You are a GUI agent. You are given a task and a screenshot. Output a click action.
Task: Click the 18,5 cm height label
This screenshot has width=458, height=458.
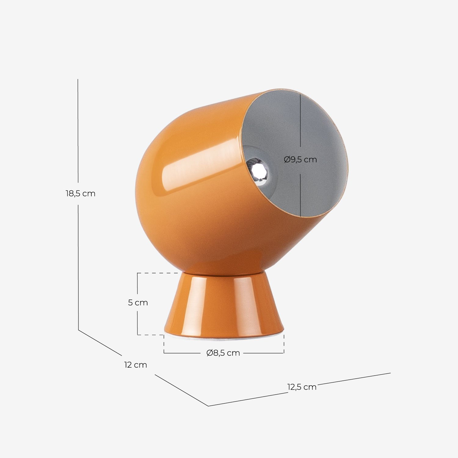pyautogui.click(x=81, y=194)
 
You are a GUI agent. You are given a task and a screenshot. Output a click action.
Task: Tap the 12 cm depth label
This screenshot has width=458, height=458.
pyautogui.click(x=136, y=365)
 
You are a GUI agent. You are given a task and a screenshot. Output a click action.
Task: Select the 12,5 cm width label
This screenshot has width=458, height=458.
pyautogui.click(x=302, y=387)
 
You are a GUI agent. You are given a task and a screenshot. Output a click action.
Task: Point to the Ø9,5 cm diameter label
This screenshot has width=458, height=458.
pyautogui.click(x=300, y=159)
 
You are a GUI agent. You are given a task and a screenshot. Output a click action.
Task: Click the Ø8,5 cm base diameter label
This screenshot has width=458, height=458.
pyautogui.click(x=223, y=353)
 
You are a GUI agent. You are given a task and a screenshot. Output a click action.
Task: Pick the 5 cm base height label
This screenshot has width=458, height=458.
pyautogui.click(x=138, y=303)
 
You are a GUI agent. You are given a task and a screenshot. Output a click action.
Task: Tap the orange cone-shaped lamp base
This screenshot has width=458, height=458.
pyautogui.click(x=224, y=305)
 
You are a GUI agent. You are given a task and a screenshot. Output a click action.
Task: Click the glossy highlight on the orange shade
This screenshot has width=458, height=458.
pyautogui.click(x=195, y=171)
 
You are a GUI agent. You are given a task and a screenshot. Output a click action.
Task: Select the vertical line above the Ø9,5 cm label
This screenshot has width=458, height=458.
pyautogui.click(x=300, y=122)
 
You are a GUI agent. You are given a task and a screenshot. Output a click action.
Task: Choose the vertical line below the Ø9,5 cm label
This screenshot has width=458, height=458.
pyautogui.click(x=300, y=195)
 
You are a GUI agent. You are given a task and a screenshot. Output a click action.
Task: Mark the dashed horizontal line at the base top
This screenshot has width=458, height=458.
pyautogui.click(x=158, y=273)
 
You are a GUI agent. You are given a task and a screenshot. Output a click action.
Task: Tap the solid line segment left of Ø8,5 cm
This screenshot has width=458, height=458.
pyautogui.click(x=183, y=353)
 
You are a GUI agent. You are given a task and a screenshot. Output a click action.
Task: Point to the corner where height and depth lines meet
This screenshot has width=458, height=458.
pyautogui.click(x=78, y=330)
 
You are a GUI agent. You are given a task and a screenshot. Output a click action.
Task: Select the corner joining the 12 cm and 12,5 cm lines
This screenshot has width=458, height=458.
pyautogui.click(x=208, y=406)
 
